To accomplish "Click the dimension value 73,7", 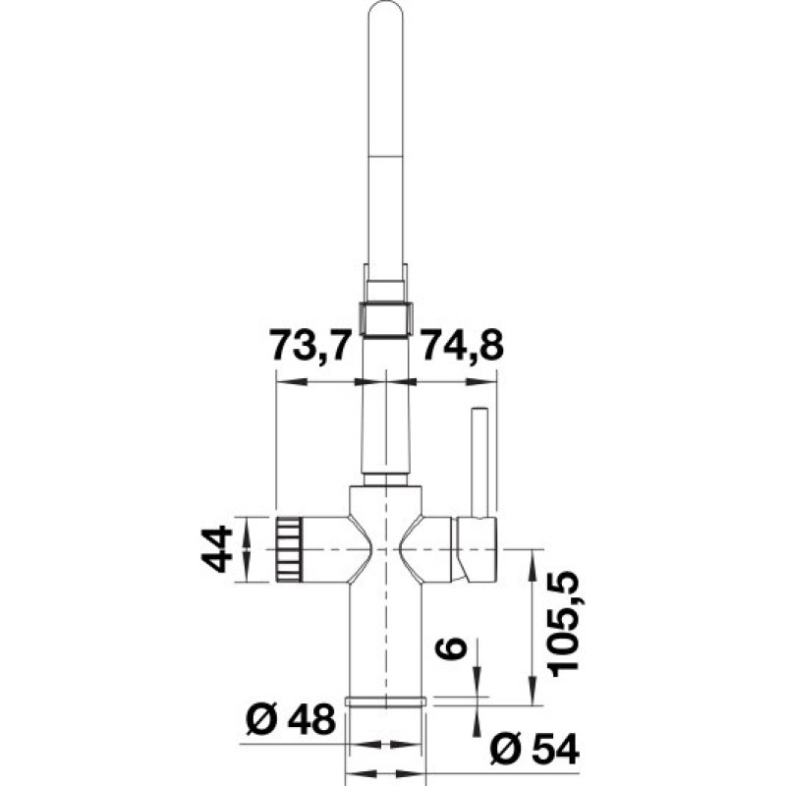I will click(x=310, y=346).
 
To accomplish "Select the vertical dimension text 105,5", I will click(x=567, y=626).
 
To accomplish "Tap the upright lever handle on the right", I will click(x=480, y=462).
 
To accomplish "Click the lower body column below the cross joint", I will click(x=385, y=639).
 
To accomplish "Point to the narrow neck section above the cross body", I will click(x=386, y=432).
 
